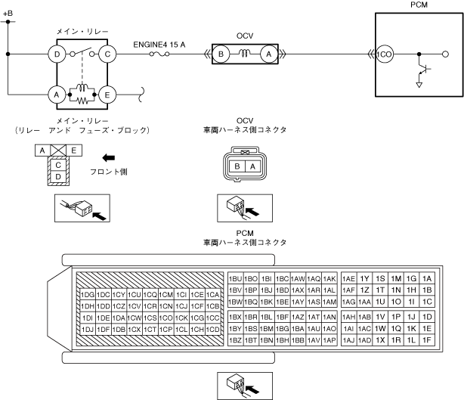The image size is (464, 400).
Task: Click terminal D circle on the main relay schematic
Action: (x=55, y=54)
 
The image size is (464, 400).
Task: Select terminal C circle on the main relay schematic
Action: (x=109, y=54)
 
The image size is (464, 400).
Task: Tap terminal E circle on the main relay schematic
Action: (x=109, y=95)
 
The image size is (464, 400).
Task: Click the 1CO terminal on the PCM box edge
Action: (x=385, y=54)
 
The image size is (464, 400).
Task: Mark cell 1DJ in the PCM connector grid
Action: (x=87, y=330)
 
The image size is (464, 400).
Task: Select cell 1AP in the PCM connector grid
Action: (x=329, y=340)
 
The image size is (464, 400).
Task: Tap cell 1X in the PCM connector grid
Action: (x=380, y=340)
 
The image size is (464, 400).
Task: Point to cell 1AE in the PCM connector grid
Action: (x=349, y=279)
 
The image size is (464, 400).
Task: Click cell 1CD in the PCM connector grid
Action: (x=212, y=330)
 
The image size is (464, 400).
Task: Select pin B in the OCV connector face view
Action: (x=237, y=166)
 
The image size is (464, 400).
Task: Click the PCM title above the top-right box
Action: (x=418, y=5)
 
